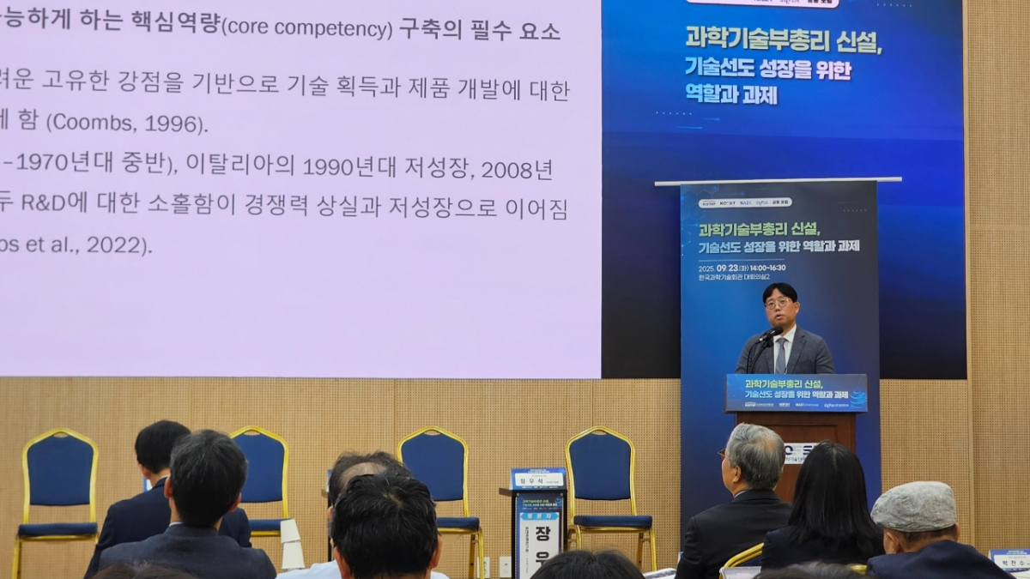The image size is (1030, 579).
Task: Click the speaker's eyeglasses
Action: pyautogui.click(x=779, y=303)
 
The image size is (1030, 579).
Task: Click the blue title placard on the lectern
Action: pyautogui.click(x=796, y=393)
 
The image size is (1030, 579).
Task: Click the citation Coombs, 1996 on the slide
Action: pyautogui.click(x=125, y=123)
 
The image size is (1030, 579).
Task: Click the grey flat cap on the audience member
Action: pyautogui.click(x=913, y=505)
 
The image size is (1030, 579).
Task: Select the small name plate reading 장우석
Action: pyautogui.click(x=538, y=479)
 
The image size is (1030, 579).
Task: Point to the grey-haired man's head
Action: pyautogui.click(x=755, y=455)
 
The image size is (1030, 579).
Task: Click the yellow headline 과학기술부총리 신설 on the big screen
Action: pyautogui.click(x=783, y=39)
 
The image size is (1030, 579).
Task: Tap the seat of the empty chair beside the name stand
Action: pyautogui.click(x=613, y=521)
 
